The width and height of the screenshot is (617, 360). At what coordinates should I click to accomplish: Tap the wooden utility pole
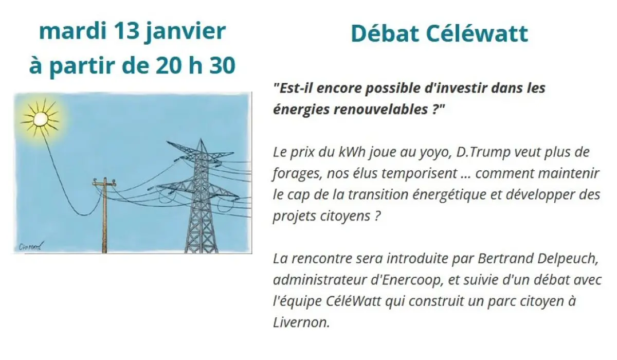[104, 216]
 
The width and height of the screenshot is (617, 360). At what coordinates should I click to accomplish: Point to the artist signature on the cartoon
[29, 246]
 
